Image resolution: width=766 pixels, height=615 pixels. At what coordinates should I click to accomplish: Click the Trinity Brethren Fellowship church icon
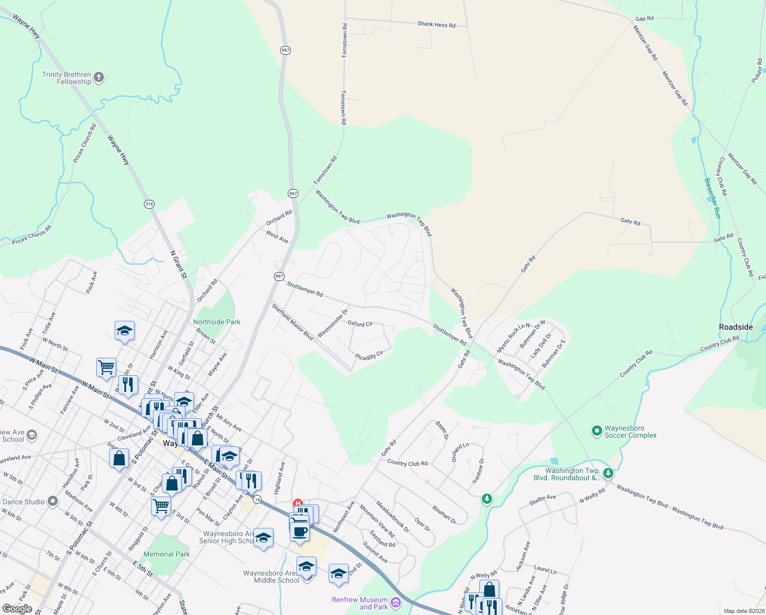(x=99, y=78)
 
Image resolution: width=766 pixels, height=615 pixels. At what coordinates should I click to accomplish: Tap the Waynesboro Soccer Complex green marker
(x=597, y=432)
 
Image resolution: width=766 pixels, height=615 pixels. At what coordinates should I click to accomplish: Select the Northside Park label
(x=217, y=322)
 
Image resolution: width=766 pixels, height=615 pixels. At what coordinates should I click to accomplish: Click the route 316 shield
(x=149, y=204)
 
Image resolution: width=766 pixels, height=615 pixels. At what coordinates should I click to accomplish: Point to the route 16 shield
(x=257, y=500)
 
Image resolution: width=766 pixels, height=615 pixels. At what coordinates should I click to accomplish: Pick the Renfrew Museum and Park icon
(x=396, y=603)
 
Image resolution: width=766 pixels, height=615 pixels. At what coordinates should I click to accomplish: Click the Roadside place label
(x=736, y=327)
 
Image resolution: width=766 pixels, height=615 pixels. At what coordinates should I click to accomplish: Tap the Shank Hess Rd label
(x=436, y=24)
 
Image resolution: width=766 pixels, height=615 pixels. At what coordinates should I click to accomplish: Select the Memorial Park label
(x=166, y=554)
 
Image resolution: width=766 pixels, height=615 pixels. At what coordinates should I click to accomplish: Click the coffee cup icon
(x=300, y=531)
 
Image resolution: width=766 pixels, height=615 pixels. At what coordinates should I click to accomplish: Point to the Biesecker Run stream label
(x=712, y=198)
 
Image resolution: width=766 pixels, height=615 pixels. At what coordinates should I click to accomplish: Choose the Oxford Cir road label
(x=360, y=324)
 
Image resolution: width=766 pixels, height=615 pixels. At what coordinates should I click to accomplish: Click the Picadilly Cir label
(x=369, y=356)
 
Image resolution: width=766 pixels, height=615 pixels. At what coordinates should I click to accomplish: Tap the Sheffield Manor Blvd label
(x=292, y=322)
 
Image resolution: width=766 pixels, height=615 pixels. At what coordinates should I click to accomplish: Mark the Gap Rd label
(x=644, y=18)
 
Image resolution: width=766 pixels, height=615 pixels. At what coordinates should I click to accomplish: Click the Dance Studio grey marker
(x=52, y=502)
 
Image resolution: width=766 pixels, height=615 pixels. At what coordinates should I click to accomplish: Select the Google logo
(x=17, y=609)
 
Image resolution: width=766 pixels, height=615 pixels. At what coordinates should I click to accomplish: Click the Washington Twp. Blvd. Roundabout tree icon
(x=608, y=473)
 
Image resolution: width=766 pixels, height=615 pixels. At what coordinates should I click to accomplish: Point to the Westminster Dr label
(x=332, y=323)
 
